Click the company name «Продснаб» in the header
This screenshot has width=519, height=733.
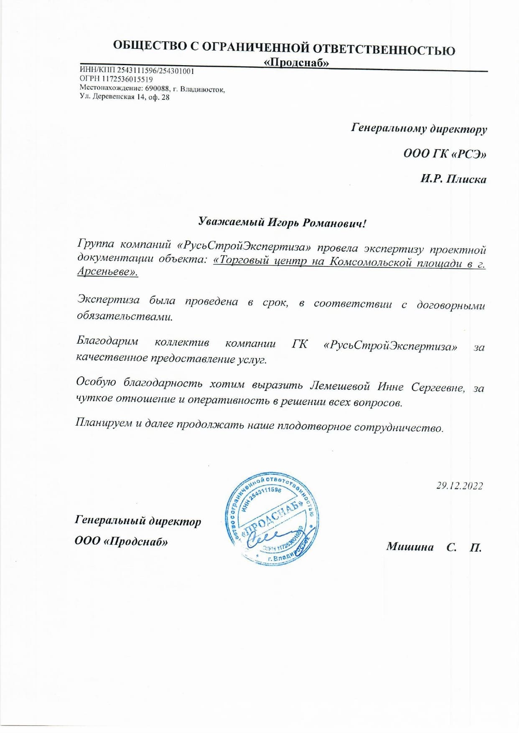coord(296,63)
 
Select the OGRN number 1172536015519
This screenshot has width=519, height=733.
coord(127,79)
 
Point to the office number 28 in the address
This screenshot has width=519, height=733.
coord(165,97)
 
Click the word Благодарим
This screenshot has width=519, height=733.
coord(107,341)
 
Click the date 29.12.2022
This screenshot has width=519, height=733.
coord(460,486)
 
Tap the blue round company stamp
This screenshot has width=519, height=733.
coord(271,520)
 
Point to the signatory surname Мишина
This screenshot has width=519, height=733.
coord(410,546)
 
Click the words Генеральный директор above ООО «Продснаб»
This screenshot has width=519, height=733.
coord(138,521)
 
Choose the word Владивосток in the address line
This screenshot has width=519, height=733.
coord(202,89)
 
